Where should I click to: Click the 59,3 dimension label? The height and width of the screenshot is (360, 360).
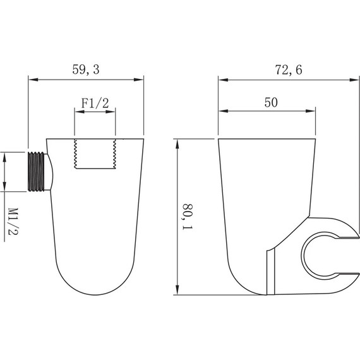point(86,69)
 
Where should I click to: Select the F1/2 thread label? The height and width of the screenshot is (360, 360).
point(95,103)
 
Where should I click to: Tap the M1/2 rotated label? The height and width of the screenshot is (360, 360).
point(13,221)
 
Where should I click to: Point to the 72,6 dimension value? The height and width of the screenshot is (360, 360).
point(289,70)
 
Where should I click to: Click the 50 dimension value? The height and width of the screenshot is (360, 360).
point(271,102)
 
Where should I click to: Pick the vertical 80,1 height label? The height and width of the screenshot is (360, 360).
point(188,217)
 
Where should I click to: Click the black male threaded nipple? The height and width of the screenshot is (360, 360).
point(36,171)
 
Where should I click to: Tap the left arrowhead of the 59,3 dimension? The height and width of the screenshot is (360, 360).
point(33,80)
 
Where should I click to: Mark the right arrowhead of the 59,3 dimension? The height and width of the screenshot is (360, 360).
point(139,80)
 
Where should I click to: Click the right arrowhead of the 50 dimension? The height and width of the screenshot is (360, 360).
point(311,111)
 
